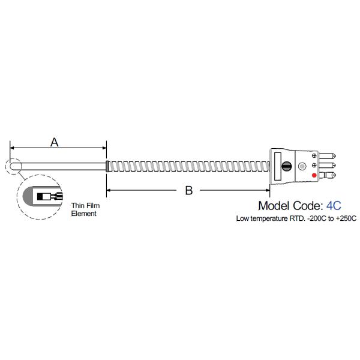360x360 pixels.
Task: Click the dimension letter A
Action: tap(55, 142)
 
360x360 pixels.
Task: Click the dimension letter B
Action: tap(189, 190)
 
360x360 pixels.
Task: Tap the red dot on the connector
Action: tap(314, 175)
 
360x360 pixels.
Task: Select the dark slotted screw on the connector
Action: tap(287, 166)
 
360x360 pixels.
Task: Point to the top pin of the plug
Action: tap(328, 156)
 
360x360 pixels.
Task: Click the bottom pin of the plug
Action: tap(328, 175)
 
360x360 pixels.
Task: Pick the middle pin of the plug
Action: tap(328, 166)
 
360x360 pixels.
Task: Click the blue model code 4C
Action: tap(334, 206)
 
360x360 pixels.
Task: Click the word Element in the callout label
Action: tap(83, 214)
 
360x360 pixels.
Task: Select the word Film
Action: tap(93, 205)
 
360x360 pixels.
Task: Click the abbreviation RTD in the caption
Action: tap(296, 218)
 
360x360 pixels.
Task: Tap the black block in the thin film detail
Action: tap(40, 197)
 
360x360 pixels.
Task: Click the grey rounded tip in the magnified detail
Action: tap(28, 196)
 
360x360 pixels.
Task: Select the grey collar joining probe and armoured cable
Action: tap(107, 166)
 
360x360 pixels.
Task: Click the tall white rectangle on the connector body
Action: tap(278, 166)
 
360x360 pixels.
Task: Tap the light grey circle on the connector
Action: tap(302, 166)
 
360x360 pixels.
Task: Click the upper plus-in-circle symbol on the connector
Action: tap(314, 155)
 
